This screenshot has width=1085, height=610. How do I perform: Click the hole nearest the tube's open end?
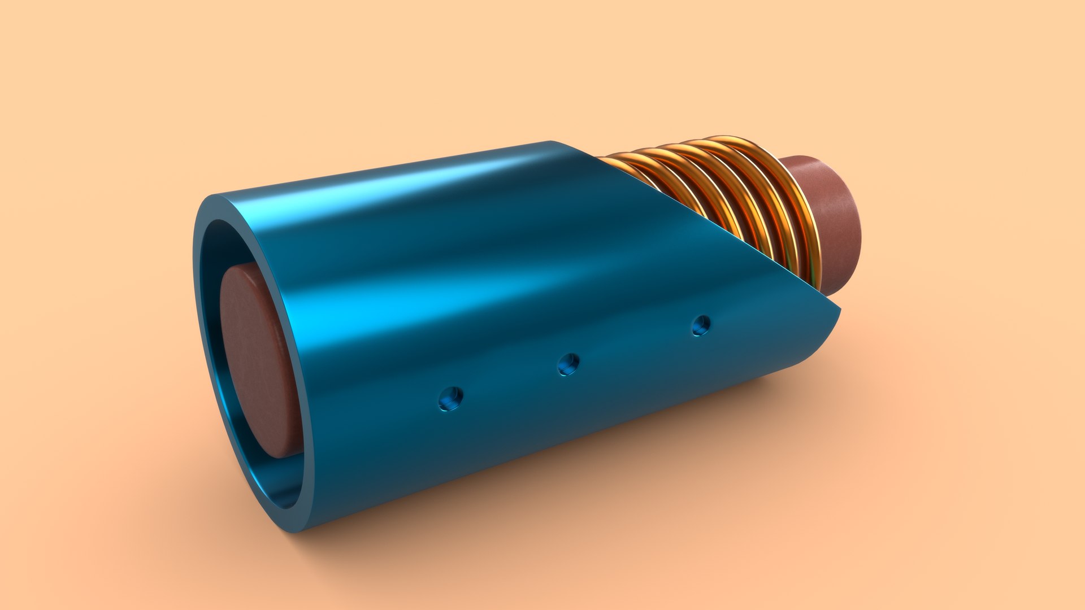click(450, 399)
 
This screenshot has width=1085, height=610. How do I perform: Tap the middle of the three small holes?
click(568, 364)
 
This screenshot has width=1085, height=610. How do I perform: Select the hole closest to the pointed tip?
click(701, 325)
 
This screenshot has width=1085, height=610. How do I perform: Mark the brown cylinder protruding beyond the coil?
click(831, 220)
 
